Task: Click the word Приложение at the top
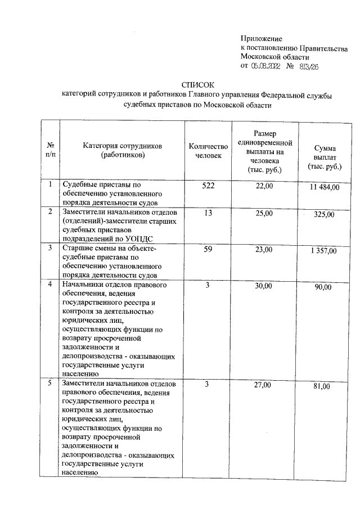[x=260, y=38]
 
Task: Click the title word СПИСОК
[x=199, y=84]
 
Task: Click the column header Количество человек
[x=208, y=151]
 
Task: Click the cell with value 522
[x=208, y=185]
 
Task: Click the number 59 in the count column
[x=208, y=249]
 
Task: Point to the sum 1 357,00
[x=325, y=251]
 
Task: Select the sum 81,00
[x=325, y=386]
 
